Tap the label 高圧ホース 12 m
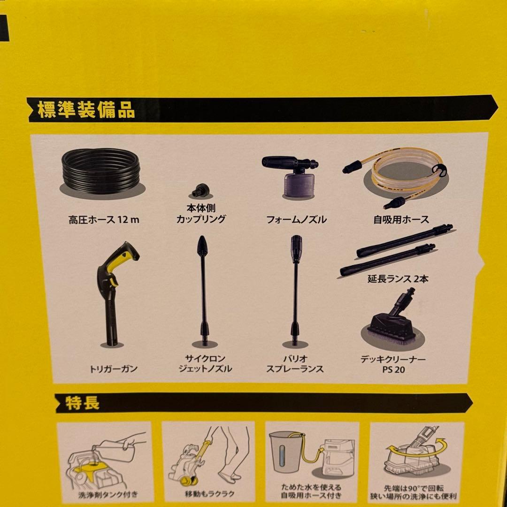pyautogui.click(x=104, y=220)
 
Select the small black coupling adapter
pyautogui.click(x=201, y=190)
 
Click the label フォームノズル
pyautogui.click(x=296, y=220)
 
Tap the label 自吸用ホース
pyautogui.click(x=401, y=220)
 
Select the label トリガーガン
pyautogui.click(x=114, y=369)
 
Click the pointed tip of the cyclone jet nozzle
pyautogui.click(x=203, y=237)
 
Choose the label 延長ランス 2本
pyautogui.click(x=398, y=279)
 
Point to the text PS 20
pyautogui.click(x=393, y=369)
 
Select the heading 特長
pyautogui.click(x=83, y=403)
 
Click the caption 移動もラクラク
pyautogui.click(x=209, y=494)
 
